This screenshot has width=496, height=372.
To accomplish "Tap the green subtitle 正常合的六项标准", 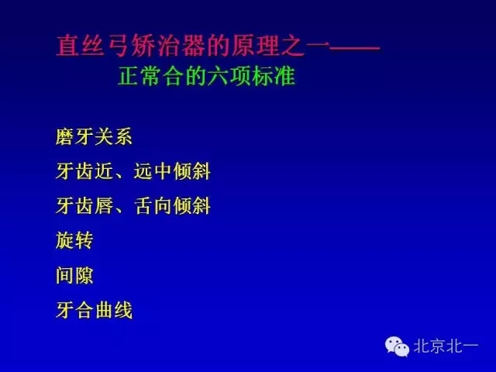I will pyautogui.click(x=206, y=78).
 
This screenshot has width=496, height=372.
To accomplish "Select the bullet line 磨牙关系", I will pyautogui.click(x=94, y=138).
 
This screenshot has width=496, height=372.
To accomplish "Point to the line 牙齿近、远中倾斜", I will pyautogui.click(x=133, y=172).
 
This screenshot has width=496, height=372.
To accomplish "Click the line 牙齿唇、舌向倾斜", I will pyautogui.click(x=133, y=207).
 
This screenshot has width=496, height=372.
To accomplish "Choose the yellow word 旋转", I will pyautogui.click(x=74, y=241).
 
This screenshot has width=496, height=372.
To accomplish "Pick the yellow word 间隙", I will pyautogui.click(x=74, y=276).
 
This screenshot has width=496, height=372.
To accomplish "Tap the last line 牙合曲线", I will pyautogui.click(x=94, y=311).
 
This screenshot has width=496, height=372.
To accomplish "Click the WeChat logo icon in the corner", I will pyautogui.click(x=398, y=346).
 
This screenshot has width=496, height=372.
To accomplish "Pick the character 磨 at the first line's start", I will pyautogui.click(x=65, y=138).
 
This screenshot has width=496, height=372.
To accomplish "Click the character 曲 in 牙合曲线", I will pyautogui.click(x=104, y=311).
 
